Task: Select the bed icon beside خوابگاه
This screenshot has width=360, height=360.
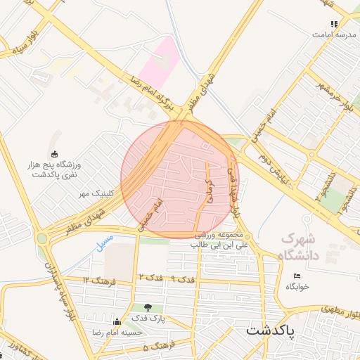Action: [x=297, y=275]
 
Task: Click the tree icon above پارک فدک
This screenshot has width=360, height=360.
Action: [x=148, y=307]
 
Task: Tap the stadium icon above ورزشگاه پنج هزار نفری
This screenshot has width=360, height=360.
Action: [x=55, y=154]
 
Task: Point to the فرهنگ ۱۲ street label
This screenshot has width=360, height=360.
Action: [x=96, y=280]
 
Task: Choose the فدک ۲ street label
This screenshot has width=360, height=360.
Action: [x=150, y=279]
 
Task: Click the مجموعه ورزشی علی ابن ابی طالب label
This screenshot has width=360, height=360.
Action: [x=219, y=240]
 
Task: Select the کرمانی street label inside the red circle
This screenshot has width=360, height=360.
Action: [x=209, y=189]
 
